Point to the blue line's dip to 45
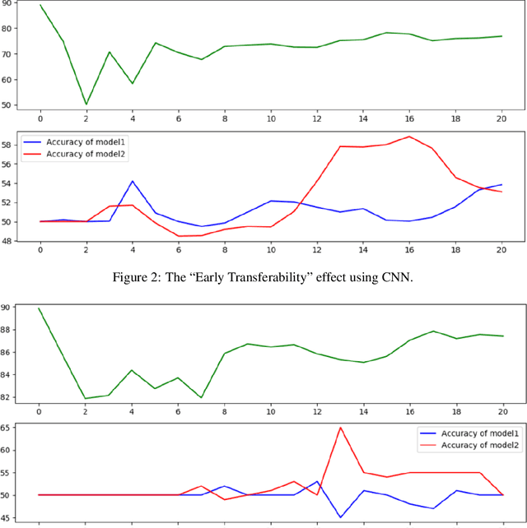click(x=340, y=517)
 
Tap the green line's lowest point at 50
click(x=86, y=105)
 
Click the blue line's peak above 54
click(x=132, y=181)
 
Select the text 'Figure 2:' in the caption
click(x=136, y=276)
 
